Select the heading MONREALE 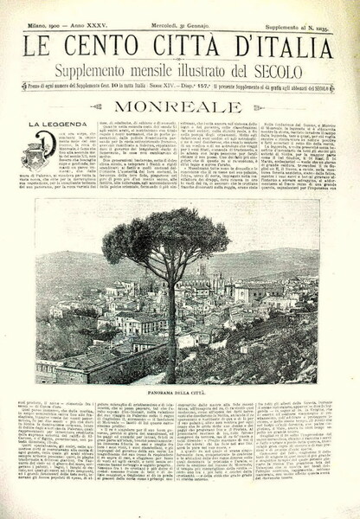(180, 108)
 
